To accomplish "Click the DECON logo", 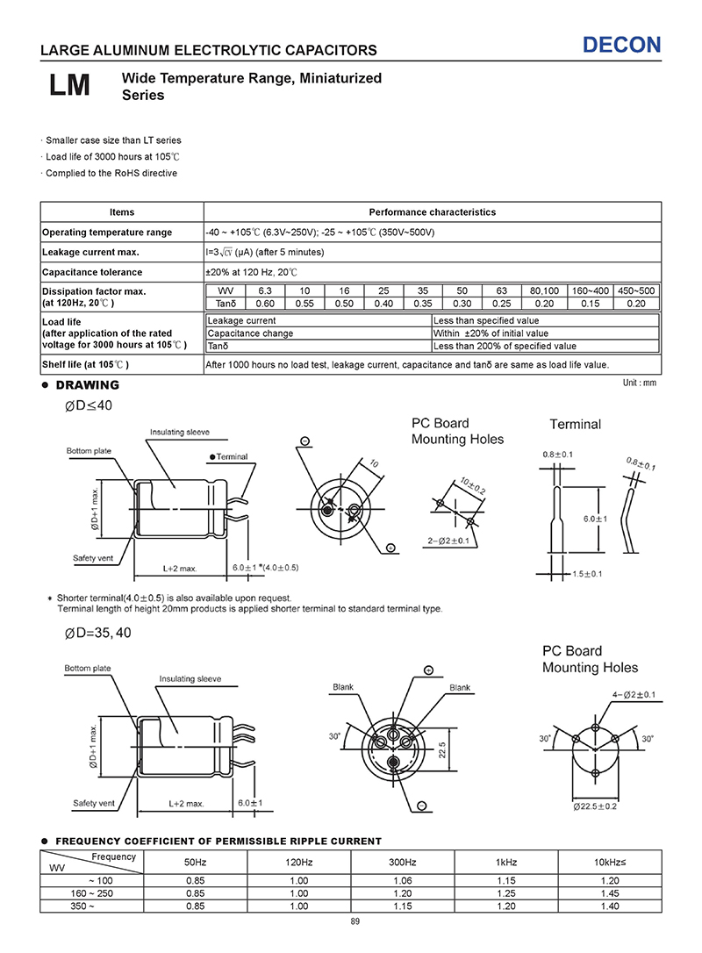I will [x=622, y=46].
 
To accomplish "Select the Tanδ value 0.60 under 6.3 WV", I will [x=265, y=304].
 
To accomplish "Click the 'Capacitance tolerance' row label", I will [x=92, y=272].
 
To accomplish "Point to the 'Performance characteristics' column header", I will [x=432, y=212].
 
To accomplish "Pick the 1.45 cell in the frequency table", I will [x=609, y=893].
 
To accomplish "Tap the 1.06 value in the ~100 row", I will [x=402, y=880].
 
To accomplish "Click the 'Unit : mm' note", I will [x=639, y=383].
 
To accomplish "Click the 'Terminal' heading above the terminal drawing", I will [x=575, y=425].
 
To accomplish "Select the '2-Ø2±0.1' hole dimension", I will [x=447, y=540].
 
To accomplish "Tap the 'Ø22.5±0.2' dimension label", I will [x=596, y=806].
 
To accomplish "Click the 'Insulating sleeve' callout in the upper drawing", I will [x=180, y=433].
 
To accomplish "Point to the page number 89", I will [x=355, y=921].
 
